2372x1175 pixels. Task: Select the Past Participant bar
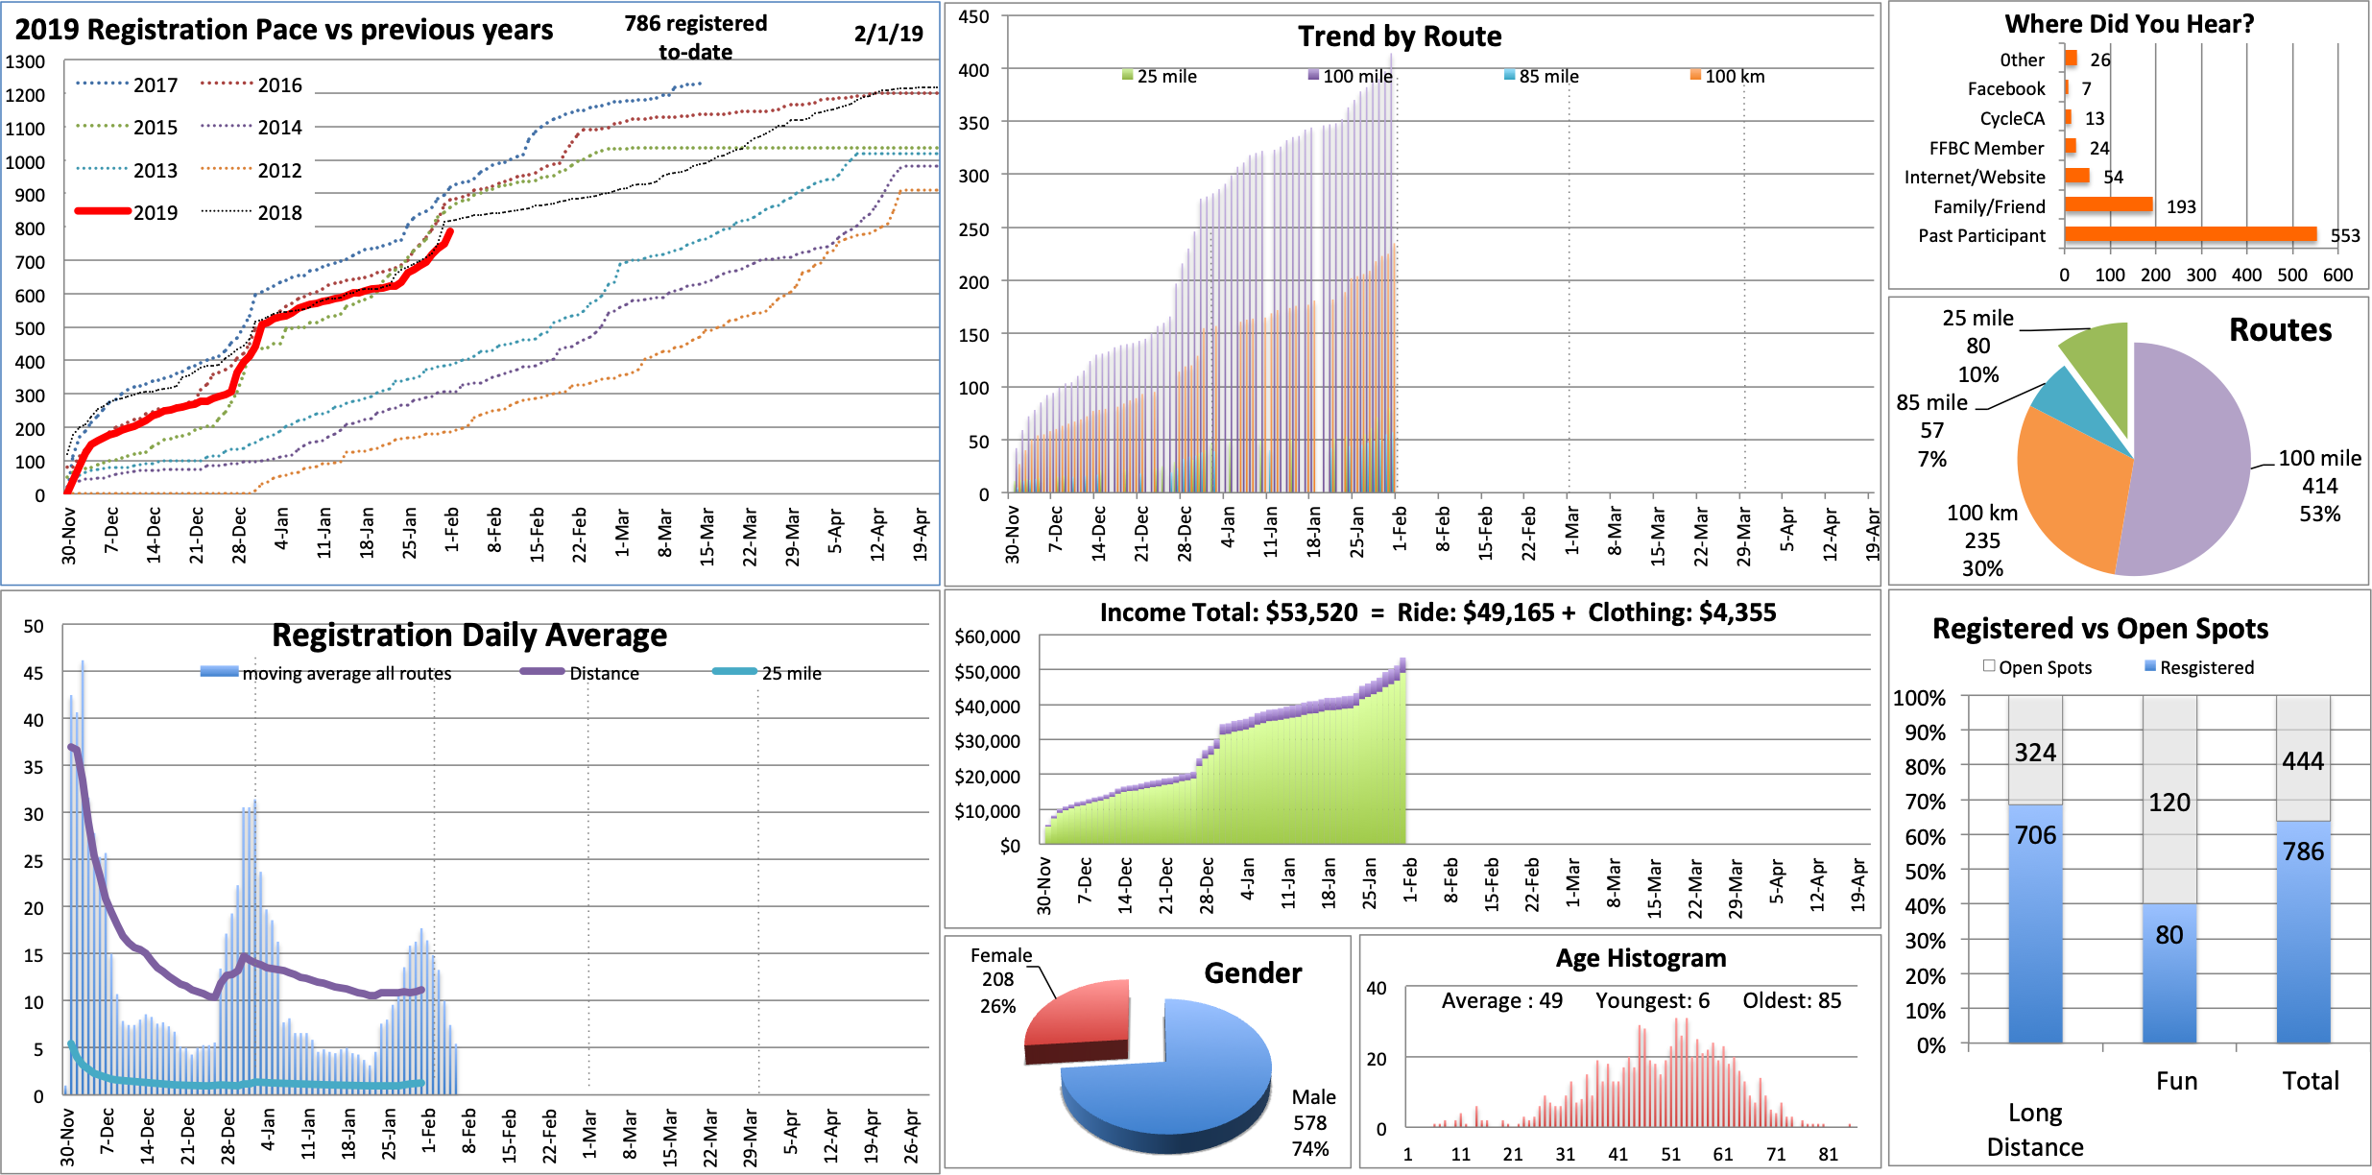[2190, 234]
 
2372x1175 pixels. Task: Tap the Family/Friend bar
[2108, 204]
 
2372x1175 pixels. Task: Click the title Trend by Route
[1400, 36]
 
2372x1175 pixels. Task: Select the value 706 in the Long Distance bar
[2035, 835]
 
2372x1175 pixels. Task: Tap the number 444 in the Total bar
[2303, 761]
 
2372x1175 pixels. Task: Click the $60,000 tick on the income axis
[987, 636]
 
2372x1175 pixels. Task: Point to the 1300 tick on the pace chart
[25, 61]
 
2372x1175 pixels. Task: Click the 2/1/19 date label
[888, 34]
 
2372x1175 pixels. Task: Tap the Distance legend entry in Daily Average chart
[603, 673]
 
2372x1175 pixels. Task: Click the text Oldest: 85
[1791, 1000]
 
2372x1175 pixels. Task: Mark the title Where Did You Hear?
[2128, 24]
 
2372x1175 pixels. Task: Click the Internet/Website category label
[1975, 177]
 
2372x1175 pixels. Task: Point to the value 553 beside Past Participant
[2344, 235]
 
